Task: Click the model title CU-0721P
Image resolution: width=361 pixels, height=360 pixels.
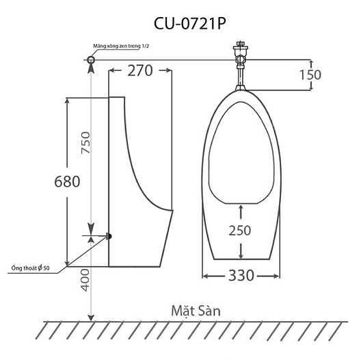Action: point(180,23)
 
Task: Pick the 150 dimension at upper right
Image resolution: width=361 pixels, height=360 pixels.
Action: point(309,75)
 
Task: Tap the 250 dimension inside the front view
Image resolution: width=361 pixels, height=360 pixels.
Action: point(239,230)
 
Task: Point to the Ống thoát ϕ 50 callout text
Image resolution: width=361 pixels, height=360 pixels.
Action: point(30,267)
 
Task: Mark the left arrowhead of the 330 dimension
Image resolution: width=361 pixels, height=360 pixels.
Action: point(205,276)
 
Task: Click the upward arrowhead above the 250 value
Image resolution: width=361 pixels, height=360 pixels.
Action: point(239,203)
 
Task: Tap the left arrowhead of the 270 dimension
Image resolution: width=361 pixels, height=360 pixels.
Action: point(111,71)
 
